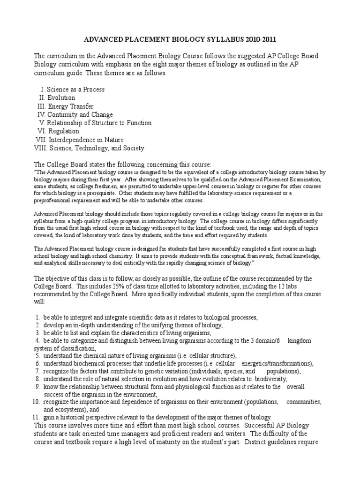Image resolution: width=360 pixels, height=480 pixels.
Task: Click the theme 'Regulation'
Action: pos(63,131)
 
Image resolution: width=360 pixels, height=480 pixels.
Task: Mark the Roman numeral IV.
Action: pos(42,114)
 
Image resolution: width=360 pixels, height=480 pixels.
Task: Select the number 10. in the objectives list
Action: pos(37,402)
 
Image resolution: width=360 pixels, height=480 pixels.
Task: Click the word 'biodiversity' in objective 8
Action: pos(269,379)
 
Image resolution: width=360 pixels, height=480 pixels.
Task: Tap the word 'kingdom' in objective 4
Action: pos(299,340)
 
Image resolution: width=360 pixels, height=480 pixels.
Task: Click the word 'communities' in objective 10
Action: pos(303,402)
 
